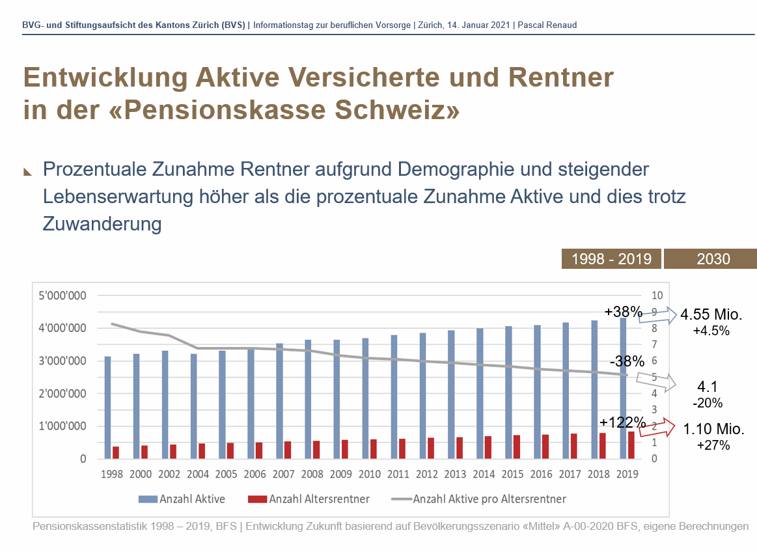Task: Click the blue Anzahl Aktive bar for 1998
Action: click(107, 407)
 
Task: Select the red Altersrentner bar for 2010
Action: click(374, 449)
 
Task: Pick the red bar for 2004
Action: click(202, 451)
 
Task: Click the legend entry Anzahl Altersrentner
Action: click(309, 499)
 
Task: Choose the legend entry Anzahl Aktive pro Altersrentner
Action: click(478, 499)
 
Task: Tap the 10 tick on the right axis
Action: click(655, 296)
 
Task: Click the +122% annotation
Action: click(622, 422)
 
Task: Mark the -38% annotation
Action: click(627, 361)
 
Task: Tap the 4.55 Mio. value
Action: click(711, 315)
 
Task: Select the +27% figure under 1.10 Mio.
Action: click(713, 445)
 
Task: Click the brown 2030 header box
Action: click(711, 258)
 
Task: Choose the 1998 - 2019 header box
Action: click(611, 258)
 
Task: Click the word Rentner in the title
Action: click(561, 78)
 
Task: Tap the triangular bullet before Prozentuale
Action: click(28, 172)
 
